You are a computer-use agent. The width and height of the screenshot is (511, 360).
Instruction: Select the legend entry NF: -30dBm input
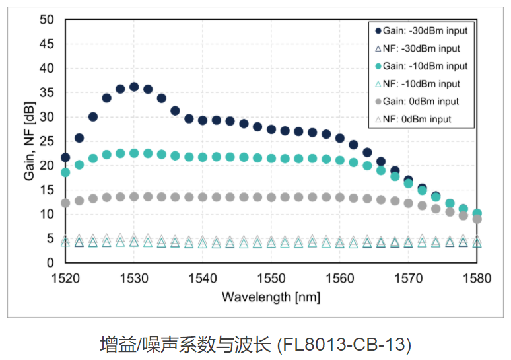420,48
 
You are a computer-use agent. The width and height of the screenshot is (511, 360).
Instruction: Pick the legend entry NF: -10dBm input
420,84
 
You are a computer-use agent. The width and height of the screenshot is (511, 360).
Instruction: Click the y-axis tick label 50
46,20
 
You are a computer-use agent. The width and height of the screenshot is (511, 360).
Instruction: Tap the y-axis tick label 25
46,141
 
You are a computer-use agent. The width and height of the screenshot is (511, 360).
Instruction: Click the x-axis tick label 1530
134,278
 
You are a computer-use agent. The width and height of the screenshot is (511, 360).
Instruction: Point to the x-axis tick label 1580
477,278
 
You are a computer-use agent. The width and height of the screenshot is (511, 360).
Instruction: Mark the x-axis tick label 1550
271,278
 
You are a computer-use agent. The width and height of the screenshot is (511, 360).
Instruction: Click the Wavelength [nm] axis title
271,297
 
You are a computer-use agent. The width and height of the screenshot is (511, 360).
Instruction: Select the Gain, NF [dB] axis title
27,141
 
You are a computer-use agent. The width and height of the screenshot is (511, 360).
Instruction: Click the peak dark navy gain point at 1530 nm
134,87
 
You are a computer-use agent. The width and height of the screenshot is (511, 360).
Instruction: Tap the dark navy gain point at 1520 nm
65,157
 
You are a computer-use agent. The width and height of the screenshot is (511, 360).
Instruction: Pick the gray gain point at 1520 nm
65,203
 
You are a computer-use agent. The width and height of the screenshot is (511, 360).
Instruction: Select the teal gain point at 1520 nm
65,172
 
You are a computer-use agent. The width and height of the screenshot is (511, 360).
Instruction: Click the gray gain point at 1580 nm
477,219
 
